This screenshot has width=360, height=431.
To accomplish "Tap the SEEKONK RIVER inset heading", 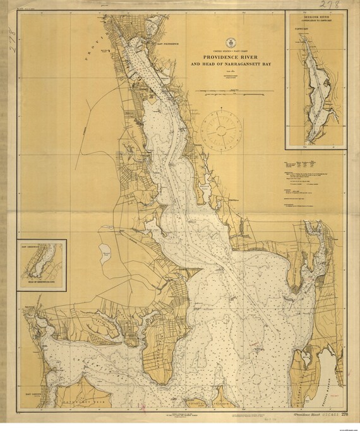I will [315, 19].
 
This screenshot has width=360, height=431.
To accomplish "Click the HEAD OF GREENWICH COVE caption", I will [39, 284].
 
